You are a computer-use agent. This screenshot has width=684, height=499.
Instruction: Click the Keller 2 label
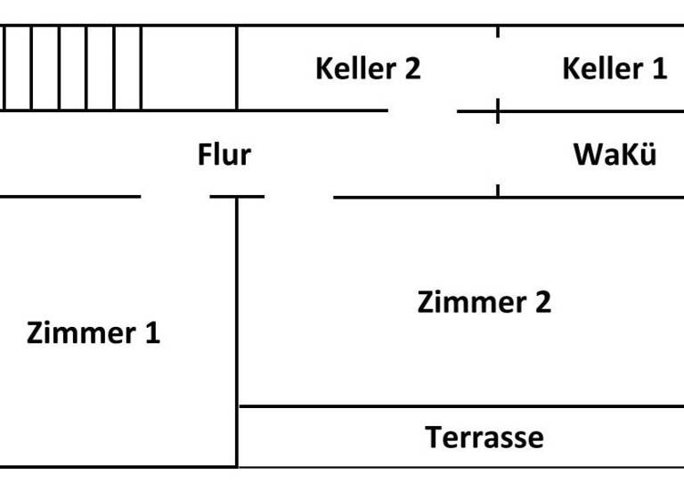pyautogui.click(x=367, y=69)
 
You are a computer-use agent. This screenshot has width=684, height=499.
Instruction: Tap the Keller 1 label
pyautogui.click(x=614, y=69)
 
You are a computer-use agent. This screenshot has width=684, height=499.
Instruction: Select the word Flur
pyautogui.click(x=224, y=155)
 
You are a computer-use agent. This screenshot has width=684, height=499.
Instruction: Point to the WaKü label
pyautogui.click(x=615, y=155)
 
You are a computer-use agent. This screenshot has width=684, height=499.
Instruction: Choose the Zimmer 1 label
pyautogui.click(x=94, y=334)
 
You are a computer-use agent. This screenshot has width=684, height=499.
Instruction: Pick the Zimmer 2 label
pyautogui.click(x=484, y=302)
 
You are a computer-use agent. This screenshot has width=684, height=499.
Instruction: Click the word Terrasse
pyautogui.click(x=484, y=438)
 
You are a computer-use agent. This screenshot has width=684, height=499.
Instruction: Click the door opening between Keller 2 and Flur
pyautogui.click(x=422, y=111)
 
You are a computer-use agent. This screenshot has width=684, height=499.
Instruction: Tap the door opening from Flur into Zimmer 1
pyautogui.click(x=175, y=196)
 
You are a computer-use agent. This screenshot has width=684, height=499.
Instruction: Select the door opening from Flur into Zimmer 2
pyautogui.click(x=299, y=196)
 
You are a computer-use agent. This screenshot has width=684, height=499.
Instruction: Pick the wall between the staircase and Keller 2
pyautogui.click(x=237, y=68)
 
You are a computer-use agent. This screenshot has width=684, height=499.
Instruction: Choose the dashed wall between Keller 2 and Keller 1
pyautogui.click(x=497, y=68)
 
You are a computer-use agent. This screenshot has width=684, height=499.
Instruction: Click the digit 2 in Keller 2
pyautogui.click(x=411, y=69)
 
